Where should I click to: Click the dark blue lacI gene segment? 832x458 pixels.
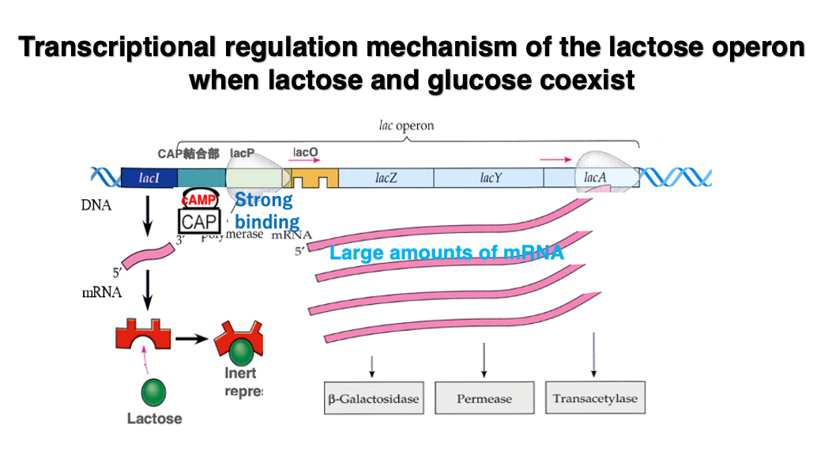point(149,178)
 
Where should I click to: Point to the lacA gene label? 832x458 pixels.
point(595,178)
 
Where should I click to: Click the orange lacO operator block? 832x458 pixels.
point(314,178)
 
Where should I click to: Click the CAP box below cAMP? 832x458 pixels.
point(199,222)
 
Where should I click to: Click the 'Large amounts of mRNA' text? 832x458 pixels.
point(446,253)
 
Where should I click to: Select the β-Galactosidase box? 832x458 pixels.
point(373,398)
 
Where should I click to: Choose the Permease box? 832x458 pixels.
point(483,398)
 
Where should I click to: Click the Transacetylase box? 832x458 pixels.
point(594,398)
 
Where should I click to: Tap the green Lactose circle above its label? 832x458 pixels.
point(153,390)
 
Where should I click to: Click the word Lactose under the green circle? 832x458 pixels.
point(154,419)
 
